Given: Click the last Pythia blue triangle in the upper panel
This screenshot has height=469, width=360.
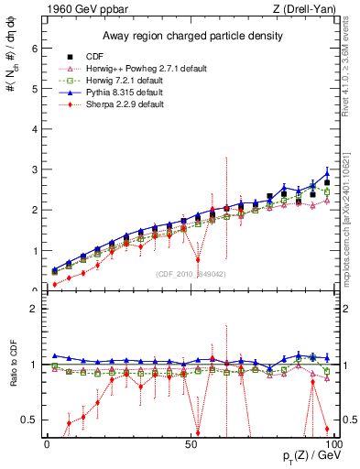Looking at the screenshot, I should click(327, 173).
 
